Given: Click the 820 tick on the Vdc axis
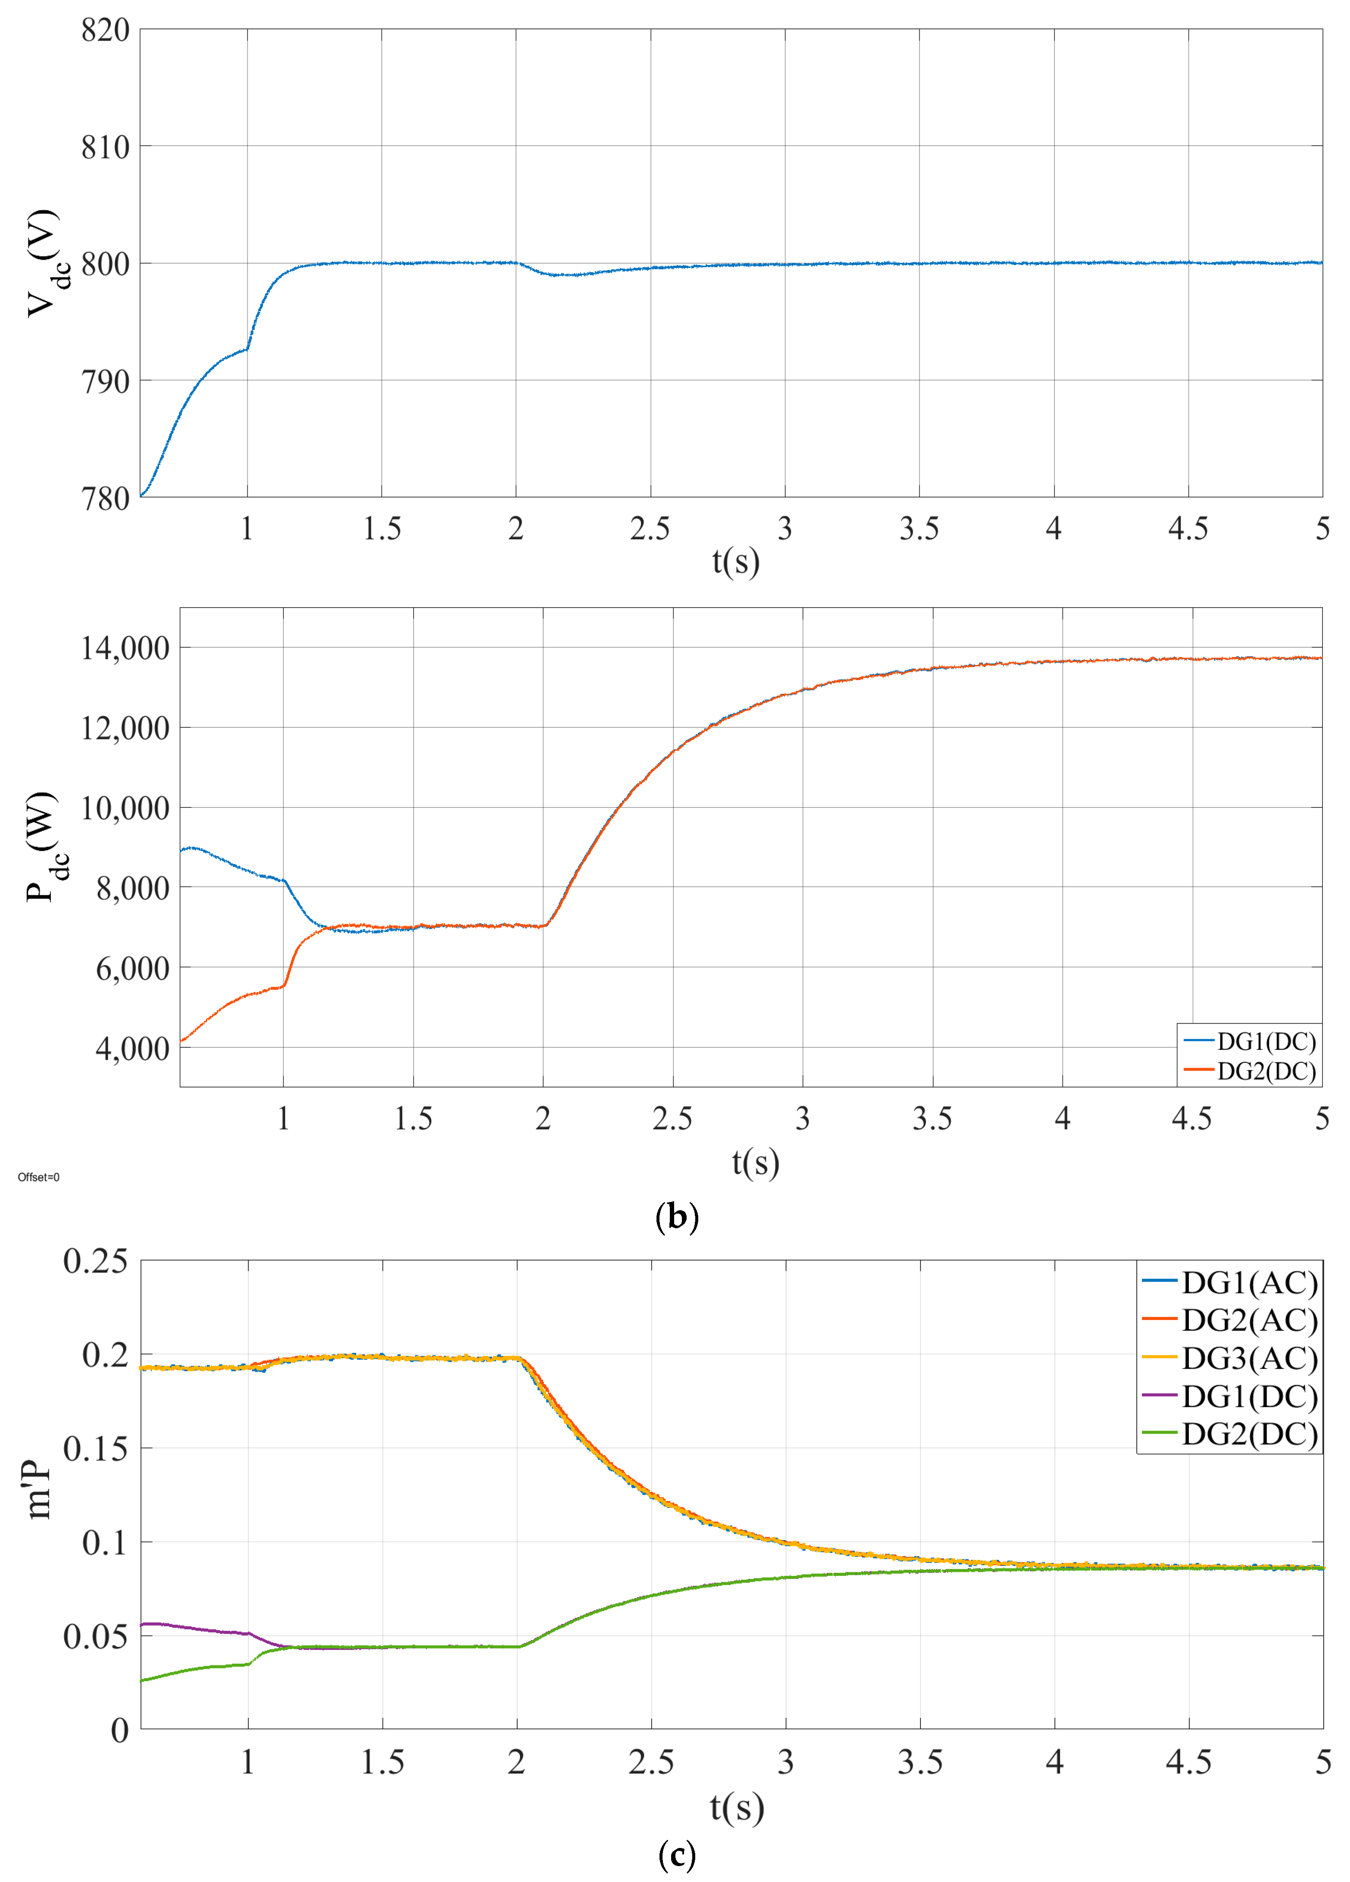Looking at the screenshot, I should (x=106, y=31).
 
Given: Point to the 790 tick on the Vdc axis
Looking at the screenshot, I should (x=106, y=382).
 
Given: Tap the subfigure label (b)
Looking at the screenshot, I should (x=676, y=1217).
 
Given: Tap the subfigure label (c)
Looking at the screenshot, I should (x=676, y=1854).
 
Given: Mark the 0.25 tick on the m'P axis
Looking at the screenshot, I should (x=96, y=1261).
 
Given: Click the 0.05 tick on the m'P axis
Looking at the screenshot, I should (x=96, y=1637).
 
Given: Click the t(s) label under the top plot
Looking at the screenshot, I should (x=735, y=562).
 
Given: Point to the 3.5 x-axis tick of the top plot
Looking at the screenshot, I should (x=919, y=528).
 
